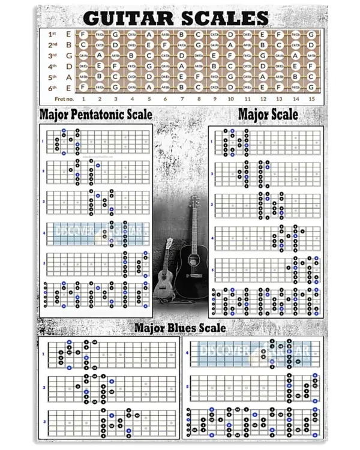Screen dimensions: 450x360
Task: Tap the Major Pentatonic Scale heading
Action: point(95,114)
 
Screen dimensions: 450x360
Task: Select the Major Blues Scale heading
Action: point(180,328)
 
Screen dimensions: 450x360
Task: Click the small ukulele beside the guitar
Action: point(164,273)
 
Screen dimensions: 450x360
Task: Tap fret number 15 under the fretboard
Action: point(311,98)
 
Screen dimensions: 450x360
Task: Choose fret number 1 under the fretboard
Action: point(83,98)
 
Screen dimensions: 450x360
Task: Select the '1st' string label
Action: point(52,34)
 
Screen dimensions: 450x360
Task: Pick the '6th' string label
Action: point(52,88)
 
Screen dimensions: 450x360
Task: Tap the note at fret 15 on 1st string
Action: point(311,34)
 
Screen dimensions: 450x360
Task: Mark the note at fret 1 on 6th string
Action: point(83,88)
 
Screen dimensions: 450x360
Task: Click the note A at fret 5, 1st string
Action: point(149,34)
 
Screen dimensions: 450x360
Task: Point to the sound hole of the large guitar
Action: point(194,259)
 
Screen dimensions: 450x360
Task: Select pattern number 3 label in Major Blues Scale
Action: point(43,422)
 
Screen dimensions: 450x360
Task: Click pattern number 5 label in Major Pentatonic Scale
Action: point(43,263)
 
